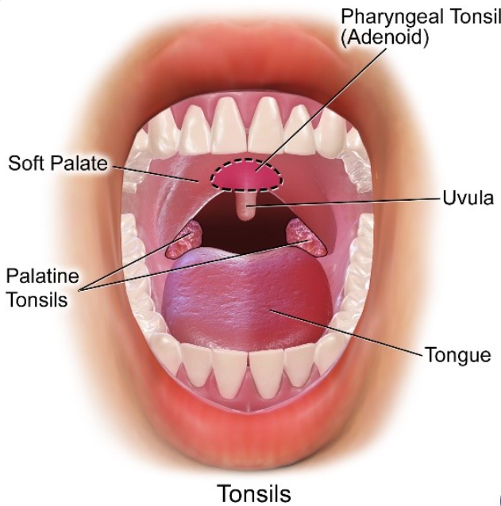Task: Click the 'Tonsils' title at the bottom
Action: click(x=252, y=492)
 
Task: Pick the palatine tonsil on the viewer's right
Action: click(x=305, y=236)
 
